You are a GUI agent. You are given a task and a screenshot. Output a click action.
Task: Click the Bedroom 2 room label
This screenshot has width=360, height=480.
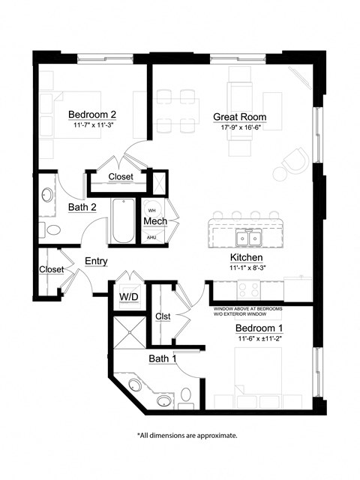pyautogui.click(x=91, y=114)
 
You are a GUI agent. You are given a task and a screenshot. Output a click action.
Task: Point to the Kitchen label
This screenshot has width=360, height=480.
pyautogui.click(x=245, y=257)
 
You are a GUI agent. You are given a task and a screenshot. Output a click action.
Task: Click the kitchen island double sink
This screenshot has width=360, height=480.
pyautogui.click(x=247, y=238)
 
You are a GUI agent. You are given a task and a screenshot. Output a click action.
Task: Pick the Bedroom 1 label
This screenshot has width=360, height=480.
pyautogui.click(x=259, y=328)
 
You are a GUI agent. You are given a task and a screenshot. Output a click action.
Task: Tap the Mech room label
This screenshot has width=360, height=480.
pyautogui.click(x=154, y=223)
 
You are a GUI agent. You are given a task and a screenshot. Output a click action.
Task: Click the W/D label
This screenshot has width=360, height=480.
pyautogui.click(x=127, y=297)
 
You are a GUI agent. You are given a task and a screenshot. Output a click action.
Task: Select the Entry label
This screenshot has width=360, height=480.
pyautogui.click(x=96, y=261)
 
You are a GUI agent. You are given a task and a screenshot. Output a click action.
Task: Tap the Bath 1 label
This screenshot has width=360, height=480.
pyautogui.click(x=162, y=358)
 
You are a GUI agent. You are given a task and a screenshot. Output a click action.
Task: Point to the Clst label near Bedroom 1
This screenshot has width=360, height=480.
pyautogui.click(x=163, y=316)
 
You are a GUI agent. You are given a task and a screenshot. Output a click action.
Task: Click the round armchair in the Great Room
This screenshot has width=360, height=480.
pyautogui.click(x=294, y=160)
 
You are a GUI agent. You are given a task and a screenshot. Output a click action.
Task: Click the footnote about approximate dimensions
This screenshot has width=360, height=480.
pyautogui.click(x=187, y=435)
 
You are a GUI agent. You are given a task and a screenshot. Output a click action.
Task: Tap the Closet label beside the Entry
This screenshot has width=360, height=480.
pyautogui.click(x=51, y=269)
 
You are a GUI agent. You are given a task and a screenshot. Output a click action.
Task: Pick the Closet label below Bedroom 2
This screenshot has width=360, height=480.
pyautogui.click(x=120, y=177)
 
